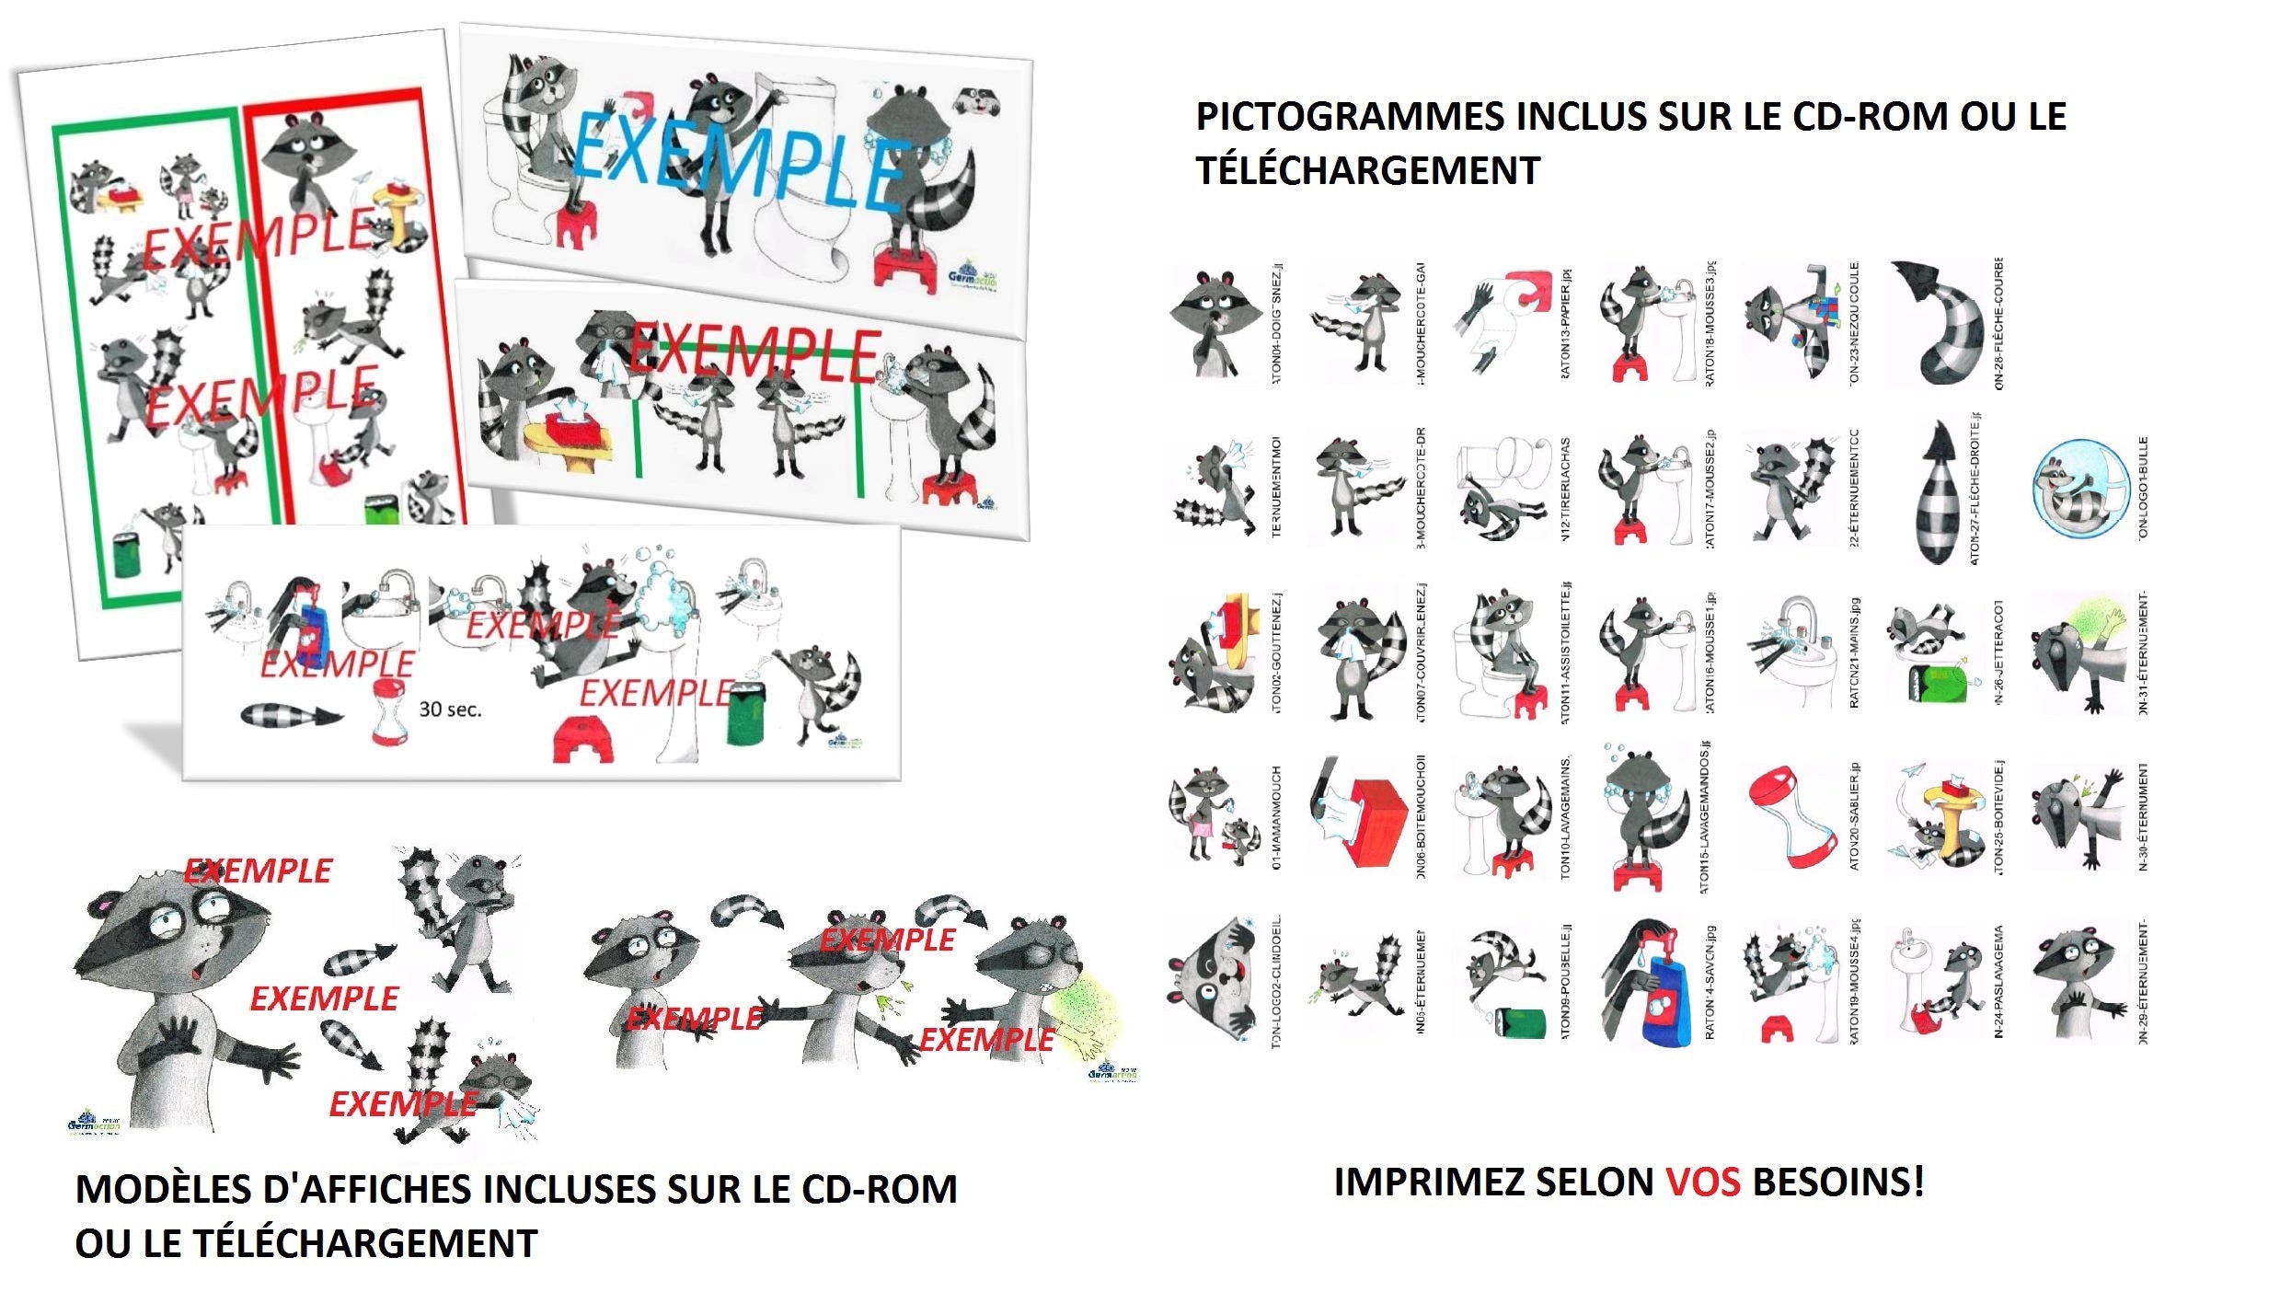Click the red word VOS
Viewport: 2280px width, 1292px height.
1702,1182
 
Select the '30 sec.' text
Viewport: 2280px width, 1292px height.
450,709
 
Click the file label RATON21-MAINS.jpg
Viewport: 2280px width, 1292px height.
1854,653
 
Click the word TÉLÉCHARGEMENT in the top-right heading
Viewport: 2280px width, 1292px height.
1367,171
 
